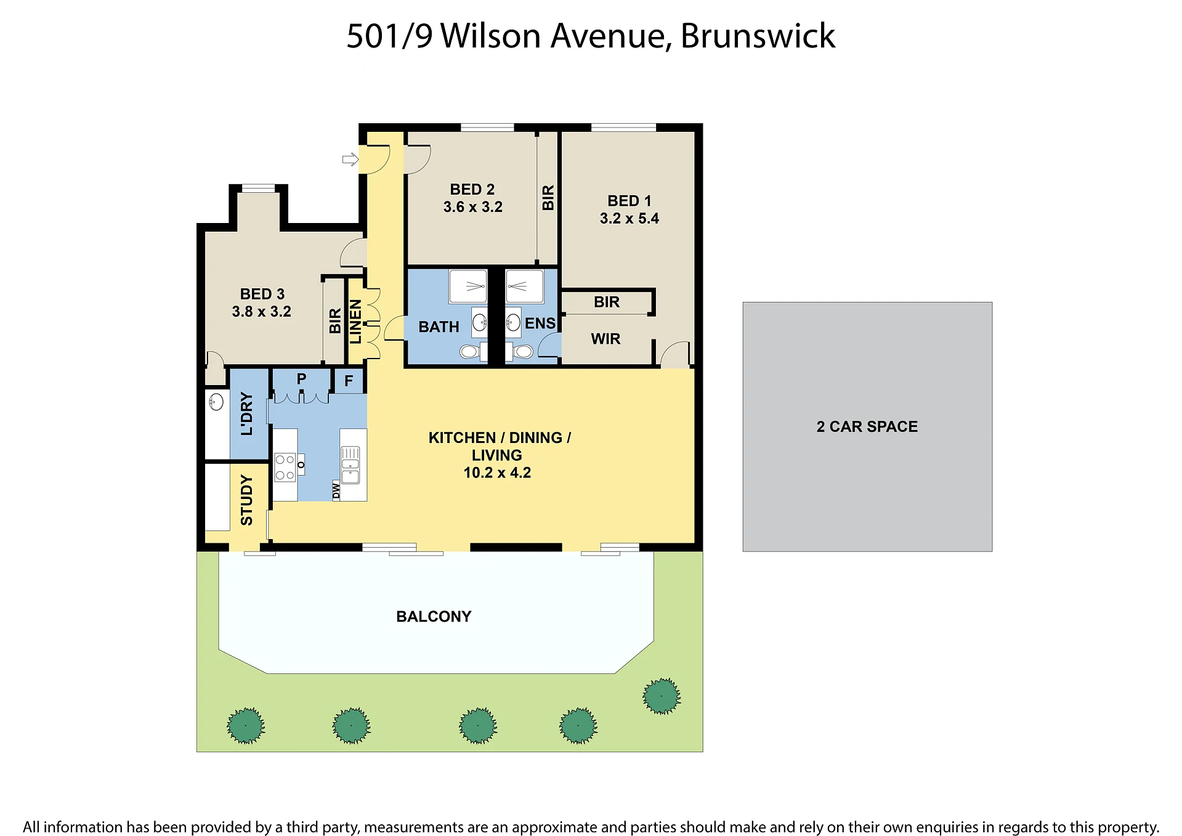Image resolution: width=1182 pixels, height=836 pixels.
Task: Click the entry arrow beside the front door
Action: tap(350, 160)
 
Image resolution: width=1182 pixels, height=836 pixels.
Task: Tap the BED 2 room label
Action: tap(472, 189)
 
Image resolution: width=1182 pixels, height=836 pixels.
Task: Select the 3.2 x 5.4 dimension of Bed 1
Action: tap(629, 219)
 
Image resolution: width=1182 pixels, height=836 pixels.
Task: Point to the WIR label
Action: tap(605, 339)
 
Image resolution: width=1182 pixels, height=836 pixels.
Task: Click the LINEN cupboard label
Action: tap(356, 321)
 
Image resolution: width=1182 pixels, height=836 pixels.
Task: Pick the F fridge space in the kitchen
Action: tap(349, 381)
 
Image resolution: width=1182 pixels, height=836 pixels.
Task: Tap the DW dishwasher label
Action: tap(336, 491)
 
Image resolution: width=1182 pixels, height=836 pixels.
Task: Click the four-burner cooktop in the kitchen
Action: tap(285, 467)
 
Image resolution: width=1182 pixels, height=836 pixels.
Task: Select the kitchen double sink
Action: tap(350, 465)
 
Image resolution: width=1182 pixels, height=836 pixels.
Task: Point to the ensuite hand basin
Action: tap(513, 322)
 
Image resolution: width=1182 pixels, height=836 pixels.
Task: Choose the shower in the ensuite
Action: tap(524, 286)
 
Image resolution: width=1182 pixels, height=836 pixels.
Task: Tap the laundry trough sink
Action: tap(216, 402)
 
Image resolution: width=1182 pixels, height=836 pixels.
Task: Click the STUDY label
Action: tap(246, 500)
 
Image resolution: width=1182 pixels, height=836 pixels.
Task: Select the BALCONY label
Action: tap(434, 617)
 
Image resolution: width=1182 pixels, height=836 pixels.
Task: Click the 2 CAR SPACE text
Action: tap(867, 427)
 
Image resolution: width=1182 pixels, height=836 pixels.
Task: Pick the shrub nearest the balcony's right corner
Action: tap(662, 696)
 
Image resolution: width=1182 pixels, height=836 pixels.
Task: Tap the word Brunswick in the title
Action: tap(758, 36)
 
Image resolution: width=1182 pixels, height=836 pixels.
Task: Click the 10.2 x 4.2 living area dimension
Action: tap(497, 473)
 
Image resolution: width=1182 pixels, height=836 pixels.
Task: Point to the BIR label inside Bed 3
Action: tap(335, 321)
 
